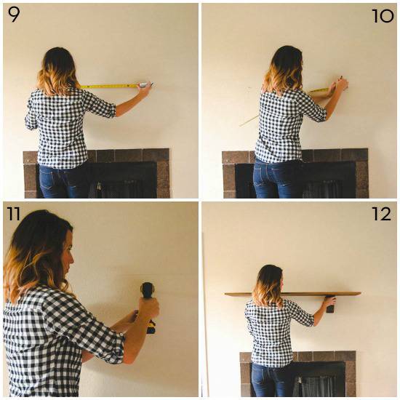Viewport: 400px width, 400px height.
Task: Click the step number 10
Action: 382,15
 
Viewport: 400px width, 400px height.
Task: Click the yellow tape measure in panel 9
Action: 109,86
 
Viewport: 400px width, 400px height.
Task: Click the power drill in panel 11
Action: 148,305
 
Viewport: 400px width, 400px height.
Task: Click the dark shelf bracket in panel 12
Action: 331,305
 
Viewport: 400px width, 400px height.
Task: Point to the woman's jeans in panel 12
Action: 273,382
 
